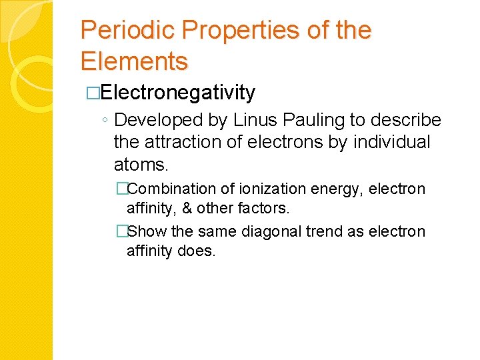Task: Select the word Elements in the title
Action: click(x=134, y=61)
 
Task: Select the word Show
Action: click(x=147, y=232)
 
